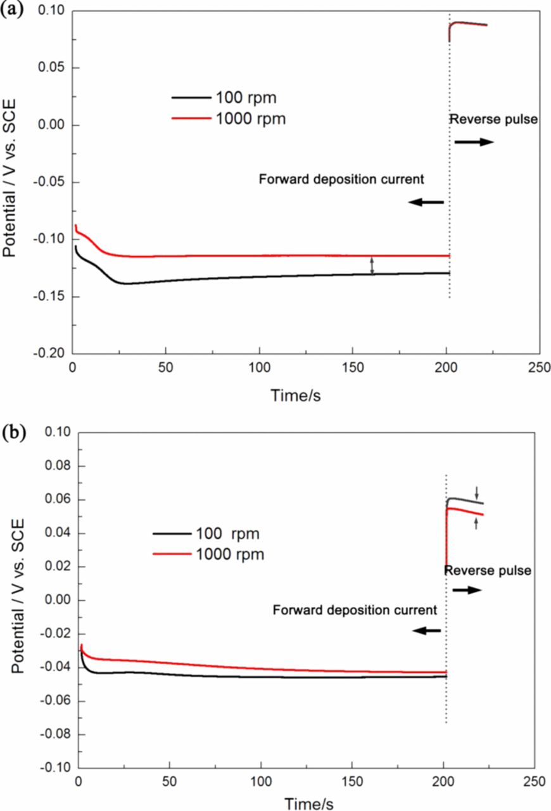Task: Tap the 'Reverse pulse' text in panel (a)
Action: tap(493, 119)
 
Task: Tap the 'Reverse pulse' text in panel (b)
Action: tap(487, 571)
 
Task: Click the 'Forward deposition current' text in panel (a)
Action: tap(341, 179)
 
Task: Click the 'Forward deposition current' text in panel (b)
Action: tap(355, 611)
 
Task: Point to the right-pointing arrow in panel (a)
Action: tap(474, 142)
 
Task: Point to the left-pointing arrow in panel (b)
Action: tap(426, 631)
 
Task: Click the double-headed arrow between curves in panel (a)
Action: tap(372, 265)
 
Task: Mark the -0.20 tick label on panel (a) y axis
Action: tap(49, 353)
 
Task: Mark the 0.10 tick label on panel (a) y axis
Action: tap(52, 11)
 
